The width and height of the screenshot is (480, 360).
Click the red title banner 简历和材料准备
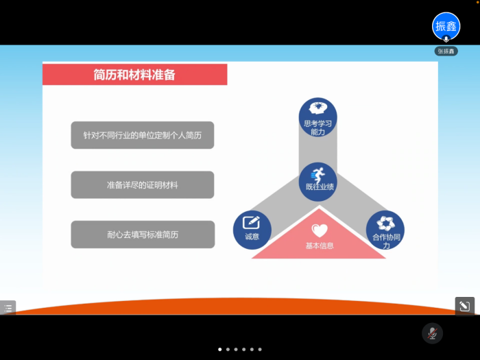[x=134, y=74]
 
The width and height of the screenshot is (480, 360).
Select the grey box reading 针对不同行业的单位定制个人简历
[x=143, y=135]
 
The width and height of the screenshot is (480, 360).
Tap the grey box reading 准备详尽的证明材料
[x=143, y=184]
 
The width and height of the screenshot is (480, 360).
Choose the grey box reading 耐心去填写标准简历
[x=143, y=235]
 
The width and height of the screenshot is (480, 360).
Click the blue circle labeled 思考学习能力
[x=317, y=117]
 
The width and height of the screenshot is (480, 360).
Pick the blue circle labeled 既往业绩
[x=318, y=182]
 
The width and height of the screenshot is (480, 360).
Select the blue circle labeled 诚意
[x=252, y=230]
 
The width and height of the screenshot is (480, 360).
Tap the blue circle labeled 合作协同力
[x=385, y=230]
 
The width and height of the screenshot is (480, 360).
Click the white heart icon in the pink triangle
[x=320, y=230]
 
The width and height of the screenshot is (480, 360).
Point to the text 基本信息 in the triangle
[x=320, y=245]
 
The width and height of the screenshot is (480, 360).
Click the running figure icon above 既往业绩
[x=317, y=175]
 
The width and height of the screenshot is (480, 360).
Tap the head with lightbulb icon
[x=318, y=108]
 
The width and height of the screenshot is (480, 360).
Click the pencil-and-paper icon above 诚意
[x=252, y=223]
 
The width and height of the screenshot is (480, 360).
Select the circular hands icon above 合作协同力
[x=385, y=223]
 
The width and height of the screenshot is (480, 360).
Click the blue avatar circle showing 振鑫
[x=446, y=26]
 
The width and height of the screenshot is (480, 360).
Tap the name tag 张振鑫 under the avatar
[x=446, y=51]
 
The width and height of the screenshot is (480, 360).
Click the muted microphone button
[x=432, y=333]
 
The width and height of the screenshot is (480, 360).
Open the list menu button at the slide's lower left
[x=8, y=308]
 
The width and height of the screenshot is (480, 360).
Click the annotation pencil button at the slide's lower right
[x=465, y=306]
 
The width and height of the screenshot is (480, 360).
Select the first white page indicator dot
[x=220, y=349]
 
